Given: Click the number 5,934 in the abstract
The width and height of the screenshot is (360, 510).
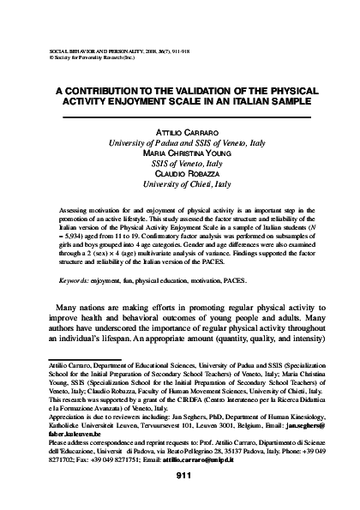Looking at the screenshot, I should pos(73,231).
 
